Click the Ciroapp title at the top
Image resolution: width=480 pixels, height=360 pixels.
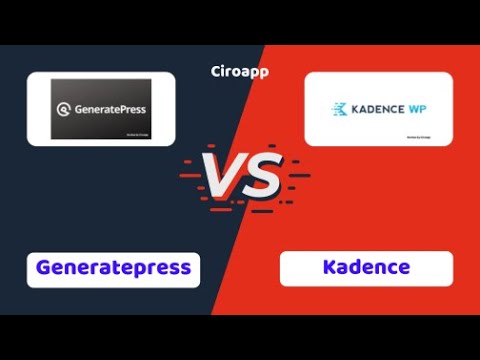(x=240, y=71)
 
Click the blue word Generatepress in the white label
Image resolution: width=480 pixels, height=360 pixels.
(x=114, y=268)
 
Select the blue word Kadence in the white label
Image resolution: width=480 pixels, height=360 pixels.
(x=366, y=268)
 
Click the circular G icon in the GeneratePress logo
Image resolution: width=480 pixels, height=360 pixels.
(x=65, y=113)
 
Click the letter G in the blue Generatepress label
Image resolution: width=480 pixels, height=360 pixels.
(x=44, y=268)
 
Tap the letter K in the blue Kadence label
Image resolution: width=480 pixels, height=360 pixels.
(x=329, y=268)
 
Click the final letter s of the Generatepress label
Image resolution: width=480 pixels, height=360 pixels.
(x=187, y=268)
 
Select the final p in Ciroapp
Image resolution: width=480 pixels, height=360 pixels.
(x=263, y=72)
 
